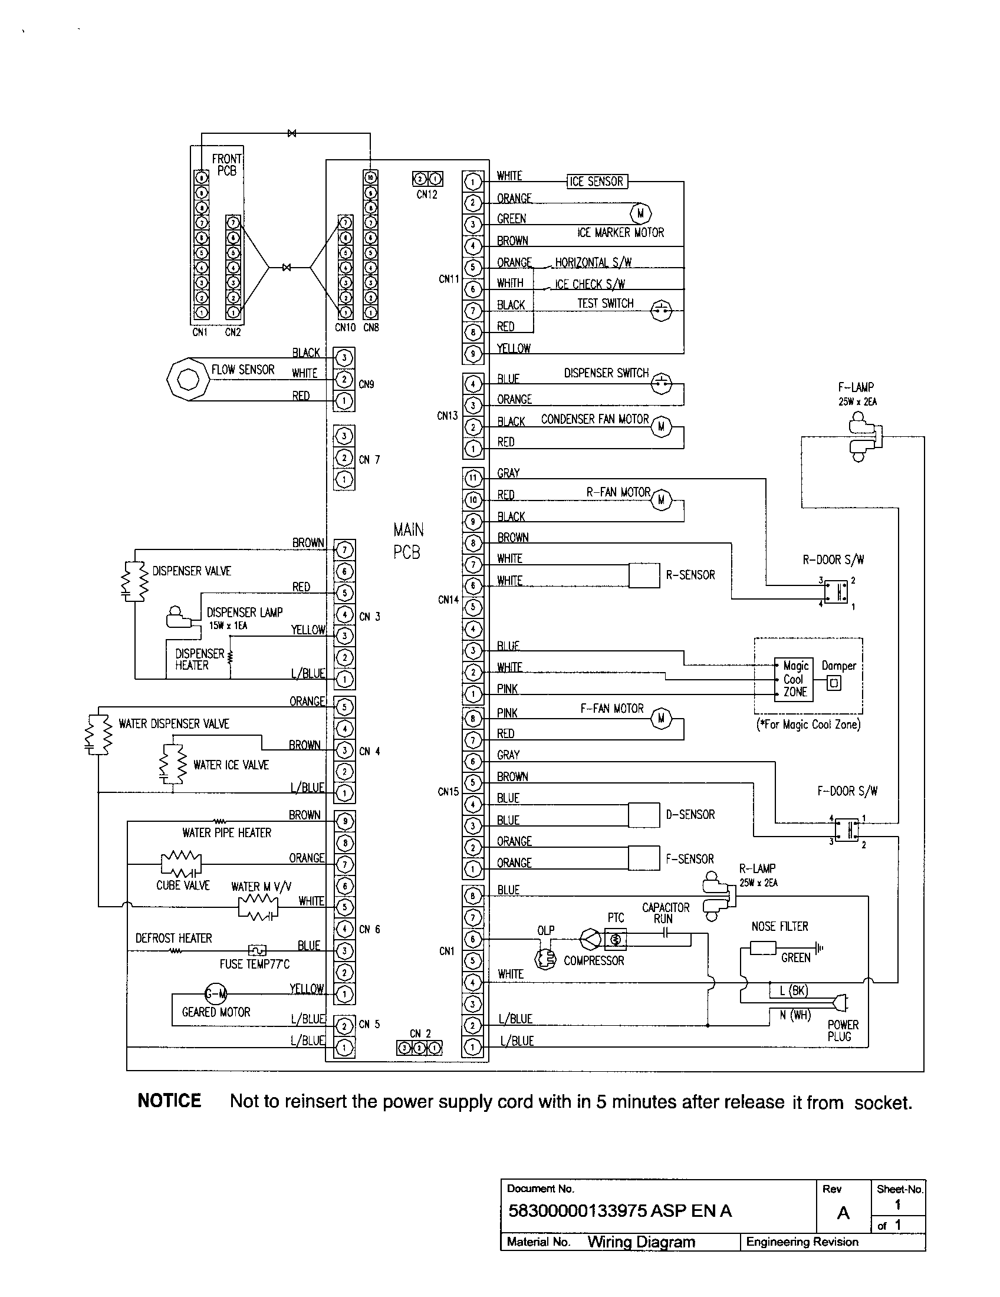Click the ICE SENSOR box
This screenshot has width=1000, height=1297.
[x=596, y=181]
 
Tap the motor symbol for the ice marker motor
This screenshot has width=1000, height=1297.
[x=640, y=213]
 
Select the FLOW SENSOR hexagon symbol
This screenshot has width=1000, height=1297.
[x=188, y=378]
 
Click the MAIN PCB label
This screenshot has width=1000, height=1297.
[x=407, y=541]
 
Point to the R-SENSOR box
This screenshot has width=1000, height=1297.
[x=644, y=575]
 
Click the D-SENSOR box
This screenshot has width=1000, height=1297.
[x=644, y=815]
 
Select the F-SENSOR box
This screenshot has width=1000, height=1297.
[x=644, y=858]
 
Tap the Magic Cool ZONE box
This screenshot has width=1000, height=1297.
[x=794, y=679]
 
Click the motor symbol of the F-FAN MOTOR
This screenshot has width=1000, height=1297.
[x=661, y=719]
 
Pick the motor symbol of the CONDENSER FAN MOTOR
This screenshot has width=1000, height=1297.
[x=661, y=426]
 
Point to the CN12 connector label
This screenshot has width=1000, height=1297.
[x=426, y=195]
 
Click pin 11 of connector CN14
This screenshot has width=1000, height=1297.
[x=473, y=478]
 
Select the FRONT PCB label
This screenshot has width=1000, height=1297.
[x=227, y=164]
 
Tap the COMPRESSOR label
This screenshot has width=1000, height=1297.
[x=593, y=961]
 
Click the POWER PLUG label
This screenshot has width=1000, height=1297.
[x=843, y=1031]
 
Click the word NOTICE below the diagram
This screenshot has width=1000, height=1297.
[x=169, y=1101]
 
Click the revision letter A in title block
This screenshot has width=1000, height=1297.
[x=843, y=1213]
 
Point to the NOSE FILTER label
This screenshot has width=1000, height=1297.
[x=779, y=926]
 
